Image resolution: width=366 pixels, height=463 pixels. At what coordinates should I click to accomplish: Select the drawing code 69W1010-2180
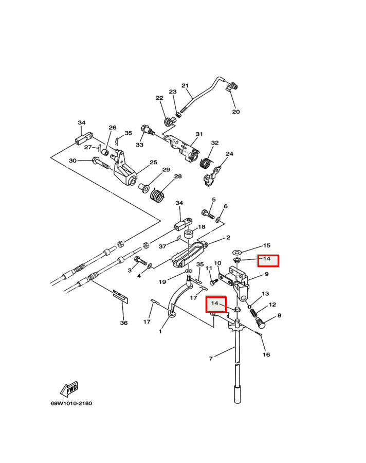tap(71, 403)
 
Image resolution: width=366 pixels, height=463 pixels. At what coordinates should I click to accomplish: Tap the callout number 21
tap(185, 86)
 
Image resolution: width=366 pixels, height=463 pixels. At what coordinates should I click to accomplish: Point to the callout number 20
tap(236, 112)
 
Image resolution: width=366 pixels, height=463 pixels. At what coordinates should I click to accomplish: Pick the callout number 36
tap(123, 323)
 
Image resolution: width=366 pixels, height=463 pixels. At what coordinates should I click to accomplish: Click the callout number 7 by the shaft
tap(211, 359)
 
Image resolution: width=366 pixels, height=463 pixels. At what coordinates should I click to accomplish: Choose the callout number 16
tap(266, 354)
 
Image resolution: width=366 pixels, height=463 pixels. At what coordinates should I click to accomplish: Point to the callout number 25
tap(153, 163)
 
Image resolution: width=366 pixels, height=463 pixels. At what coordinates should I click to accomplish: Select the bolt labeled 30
tap(100, 163)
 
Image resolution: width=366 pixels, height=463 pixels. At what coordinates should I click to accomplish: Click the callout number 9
tap(267, 274)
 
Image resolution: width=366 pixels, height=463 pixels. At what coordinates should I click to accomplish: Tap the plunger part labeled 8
tap(262, 323)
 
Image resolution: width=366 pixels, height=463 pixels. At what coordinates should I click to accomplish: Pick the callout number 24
tap(230, 154)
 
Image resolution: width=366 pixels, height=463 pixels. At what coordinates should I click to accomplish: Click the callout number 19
tap(162, 282)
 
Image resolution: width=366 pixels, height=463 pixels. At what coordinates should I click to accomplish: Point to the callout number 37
tap(162, 246)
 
